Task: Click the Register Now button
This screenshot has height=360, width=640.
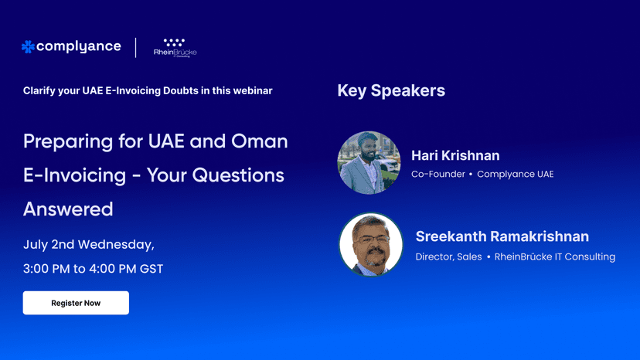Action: click(x=76, y=303)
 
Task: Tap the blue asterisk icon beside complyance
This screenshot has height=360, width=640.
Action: click(x=28, y=47)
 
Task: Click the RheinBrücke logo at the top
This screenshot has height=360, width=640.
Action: click(x=175, y=48)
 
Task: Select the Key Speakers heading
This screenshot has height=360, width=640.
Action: click(x=391, y=90)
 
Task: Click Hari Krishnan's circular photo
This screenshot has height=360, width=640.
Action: click(x=369, y=162)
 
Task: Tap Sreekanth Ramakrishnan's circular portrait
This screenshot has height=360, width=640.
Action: click(x=370, y=244)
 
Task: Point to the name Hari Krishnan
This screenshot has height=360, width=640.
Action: click(x=455, y=155)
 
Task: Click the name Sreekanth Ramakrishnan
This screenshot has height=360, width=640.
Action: click(x=502, y=236)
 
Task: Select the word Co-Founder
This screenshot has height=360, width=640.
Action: click(x=438, y=175)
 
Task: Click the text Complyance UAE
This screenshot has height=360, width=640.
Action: click(x=515, y=175)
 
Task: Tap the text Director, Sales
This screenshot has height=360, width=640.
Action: click(x=448, y=256)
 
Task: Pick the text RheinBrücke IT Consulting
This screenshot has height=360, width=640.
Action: click(x=555, y=256)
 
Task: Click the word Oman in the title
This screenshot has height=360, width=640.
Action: click(x=260, y=141)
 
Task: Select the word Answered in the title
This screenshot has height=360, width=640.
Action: click(x=68, y=209)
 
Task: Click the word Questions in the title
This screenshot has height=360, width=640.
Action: click(x=238, y=175)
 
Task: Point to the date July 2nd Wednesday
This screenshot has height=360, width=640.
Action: click(x=89, y=244)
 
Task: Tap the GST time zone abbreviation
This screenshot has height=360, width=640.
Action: click(x=151, y=269)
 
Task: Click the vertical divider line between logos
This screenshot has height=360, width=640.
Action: click(x=136, y=48)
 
